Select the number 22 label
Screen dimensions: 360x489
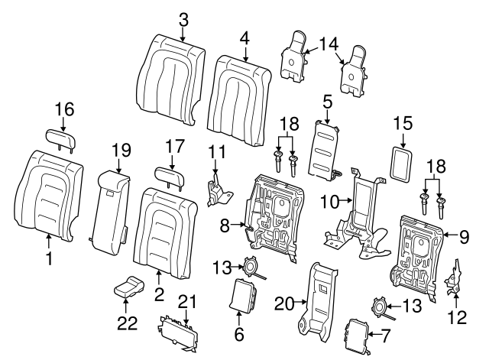(128, 323)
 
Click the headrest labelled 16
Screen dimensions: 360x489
(62, 138)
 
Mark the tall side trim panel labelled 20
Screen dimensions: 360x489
(316, 302)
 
